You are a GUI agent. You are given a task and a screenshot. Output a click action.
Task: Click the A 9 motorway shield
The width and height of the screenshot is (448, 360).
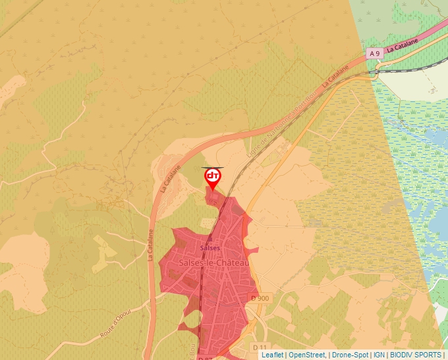click(375, 53)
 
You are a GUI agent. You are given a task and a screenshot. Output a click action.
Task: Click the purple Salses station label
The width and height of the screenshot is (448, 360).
click(210, 248)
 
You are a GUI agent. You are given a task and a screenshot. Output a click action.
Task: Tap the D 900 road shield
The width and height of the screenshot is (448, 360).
click(260, 298)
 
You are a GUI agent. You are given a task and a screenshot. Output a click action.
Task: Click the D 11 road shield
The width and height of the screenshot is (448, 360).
click(259, 347)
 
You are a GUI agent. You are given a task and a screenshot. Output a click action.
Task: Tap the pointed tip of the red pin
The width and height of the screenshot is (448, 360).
click(212, 191)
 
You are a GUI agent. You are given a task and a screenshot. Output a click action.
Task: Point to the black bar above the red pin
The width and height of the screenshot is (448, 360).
click(212, 168)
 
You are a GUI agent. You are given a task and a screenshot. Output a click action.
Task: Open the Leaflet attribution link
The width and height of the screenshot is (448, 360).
click(272, 355)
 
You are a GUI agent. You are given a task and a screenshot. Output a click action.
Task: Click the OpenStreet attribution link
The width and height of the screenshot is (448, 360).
click(307, 355)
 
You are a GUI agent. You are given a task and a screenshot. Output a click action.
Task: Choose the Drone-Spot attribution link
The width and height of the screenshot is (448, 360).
click(350, 355)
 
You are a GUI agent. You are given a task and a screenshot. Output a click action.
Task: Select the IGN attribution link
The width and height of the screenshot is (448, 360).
click(379, 355)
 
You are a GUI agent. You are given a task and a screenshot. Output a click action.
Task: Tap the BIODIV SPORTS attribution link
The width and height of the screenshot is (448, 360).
click(415, 355)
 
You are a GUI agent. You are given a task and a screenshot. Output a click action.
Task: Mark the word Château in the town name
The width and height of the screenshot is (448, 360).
click(235, 263)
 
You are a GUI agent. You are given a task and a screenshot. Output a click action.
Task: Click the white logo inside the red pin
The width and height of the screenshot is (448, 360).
click(212, 176)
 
